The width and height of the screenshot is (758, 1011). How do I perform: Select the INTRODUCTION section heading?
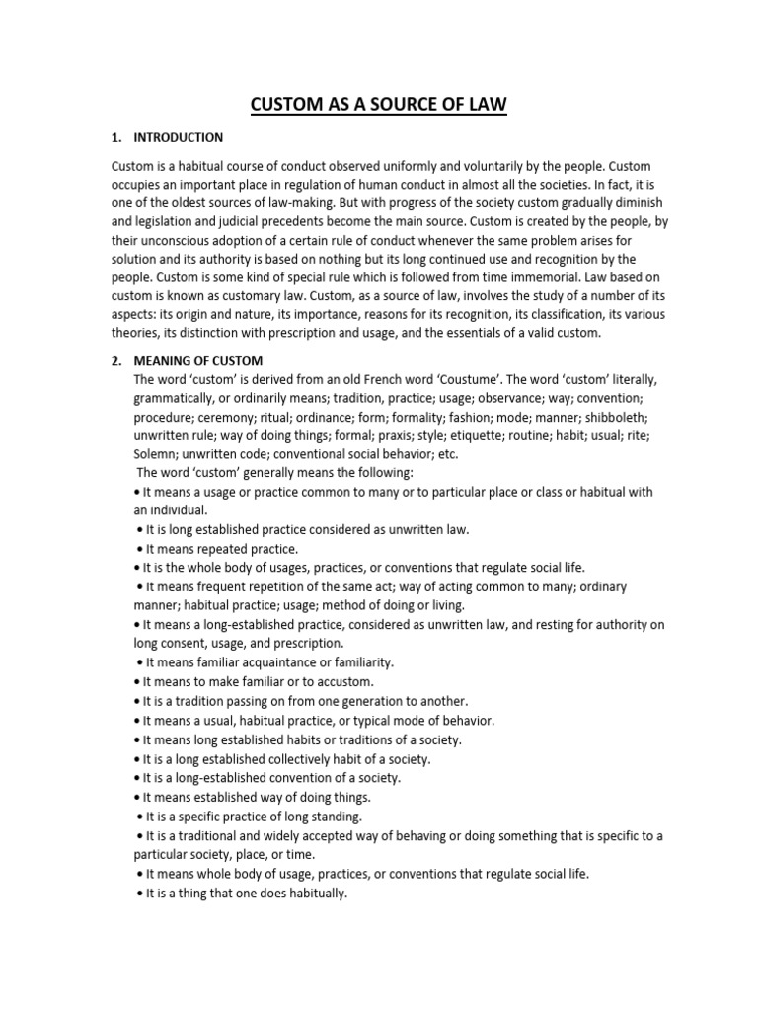click(179, 137)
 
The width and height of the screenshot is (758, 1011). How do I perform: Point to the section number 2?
click(114, 360)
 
